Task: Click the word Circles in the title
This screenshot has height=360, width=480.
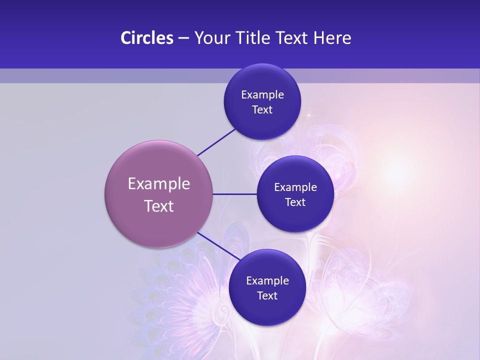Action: [146, 38]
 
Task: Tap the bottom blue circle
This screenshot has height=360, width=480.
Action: [267, 310]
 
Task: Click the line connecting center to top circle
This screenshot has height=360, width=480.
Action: [216, 142]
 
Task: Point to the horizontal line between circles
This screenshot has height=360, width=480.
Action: [234, 194]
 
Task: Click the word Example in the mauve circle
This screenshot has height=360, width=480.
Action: [158, 184]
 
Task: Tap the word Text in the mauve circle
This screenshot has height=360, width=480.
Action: [158, 206]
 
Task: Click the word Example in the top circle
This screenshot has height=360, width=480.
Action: [262, 95]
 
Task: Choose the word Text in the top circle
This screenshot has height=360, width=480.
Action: [262, 110]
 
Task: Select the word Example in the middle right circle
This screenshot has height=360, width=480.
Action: [295, 187]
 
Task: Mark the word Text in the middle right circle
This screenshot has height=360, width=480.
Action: [295, 202]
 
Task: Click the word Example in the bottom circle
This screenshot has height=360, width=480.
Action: [267, 281]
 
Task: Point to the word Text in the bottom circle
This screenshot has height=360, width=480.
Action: [267, 296]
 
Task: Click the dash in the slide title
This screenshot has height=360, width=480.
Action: [183, 38]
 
